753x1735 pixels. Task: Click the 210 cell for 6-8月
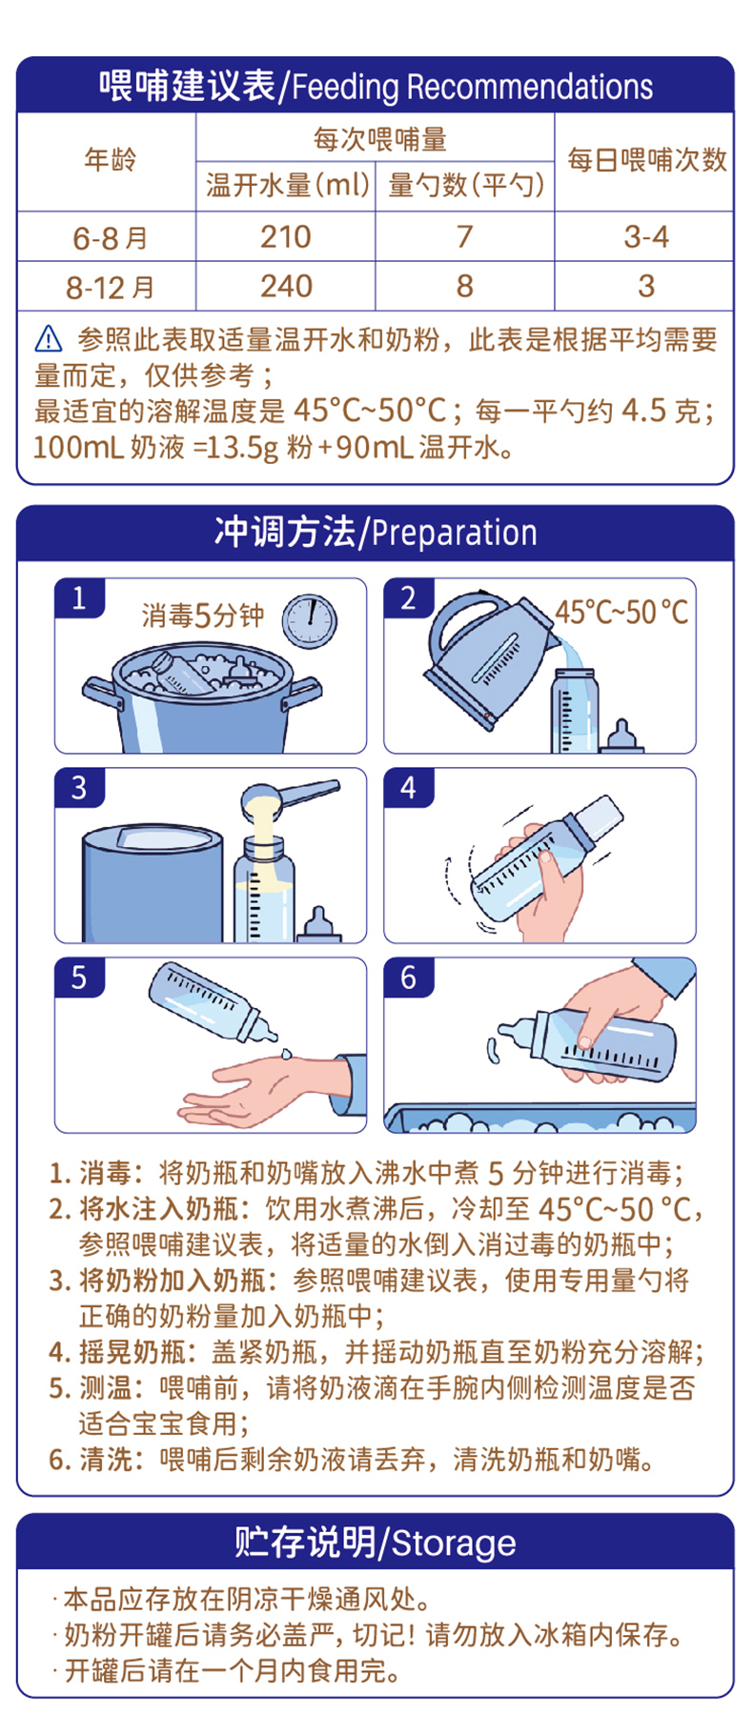[x=286, y=236]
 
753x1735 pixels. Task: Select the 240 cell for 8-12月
[x=286, y=286]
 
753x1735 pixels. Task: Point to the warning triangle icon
[x=49, y=339]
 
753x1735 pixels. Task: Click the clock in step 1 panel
[x=310, y=620]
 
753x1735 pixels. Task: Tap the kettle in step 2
[x=486, y=657]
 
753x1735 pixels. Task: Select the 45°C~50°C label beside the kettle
[x=621, y=612]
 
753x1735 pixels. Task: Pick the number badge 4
[x=409, y=788]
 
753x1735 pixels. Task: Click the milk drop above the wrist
[x=287, y=1054]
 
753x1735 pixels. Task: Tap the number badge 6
[x=409, y=978]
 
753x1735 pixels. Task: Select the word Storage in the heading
[x=454, y=1543]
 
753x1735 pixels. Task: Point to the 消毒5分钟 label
[x=203, y=615]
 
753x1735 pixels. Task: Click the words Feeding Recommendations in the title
[x=473, y=88]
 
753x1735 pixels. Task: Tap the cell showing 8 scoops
[x=465, y=286]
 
